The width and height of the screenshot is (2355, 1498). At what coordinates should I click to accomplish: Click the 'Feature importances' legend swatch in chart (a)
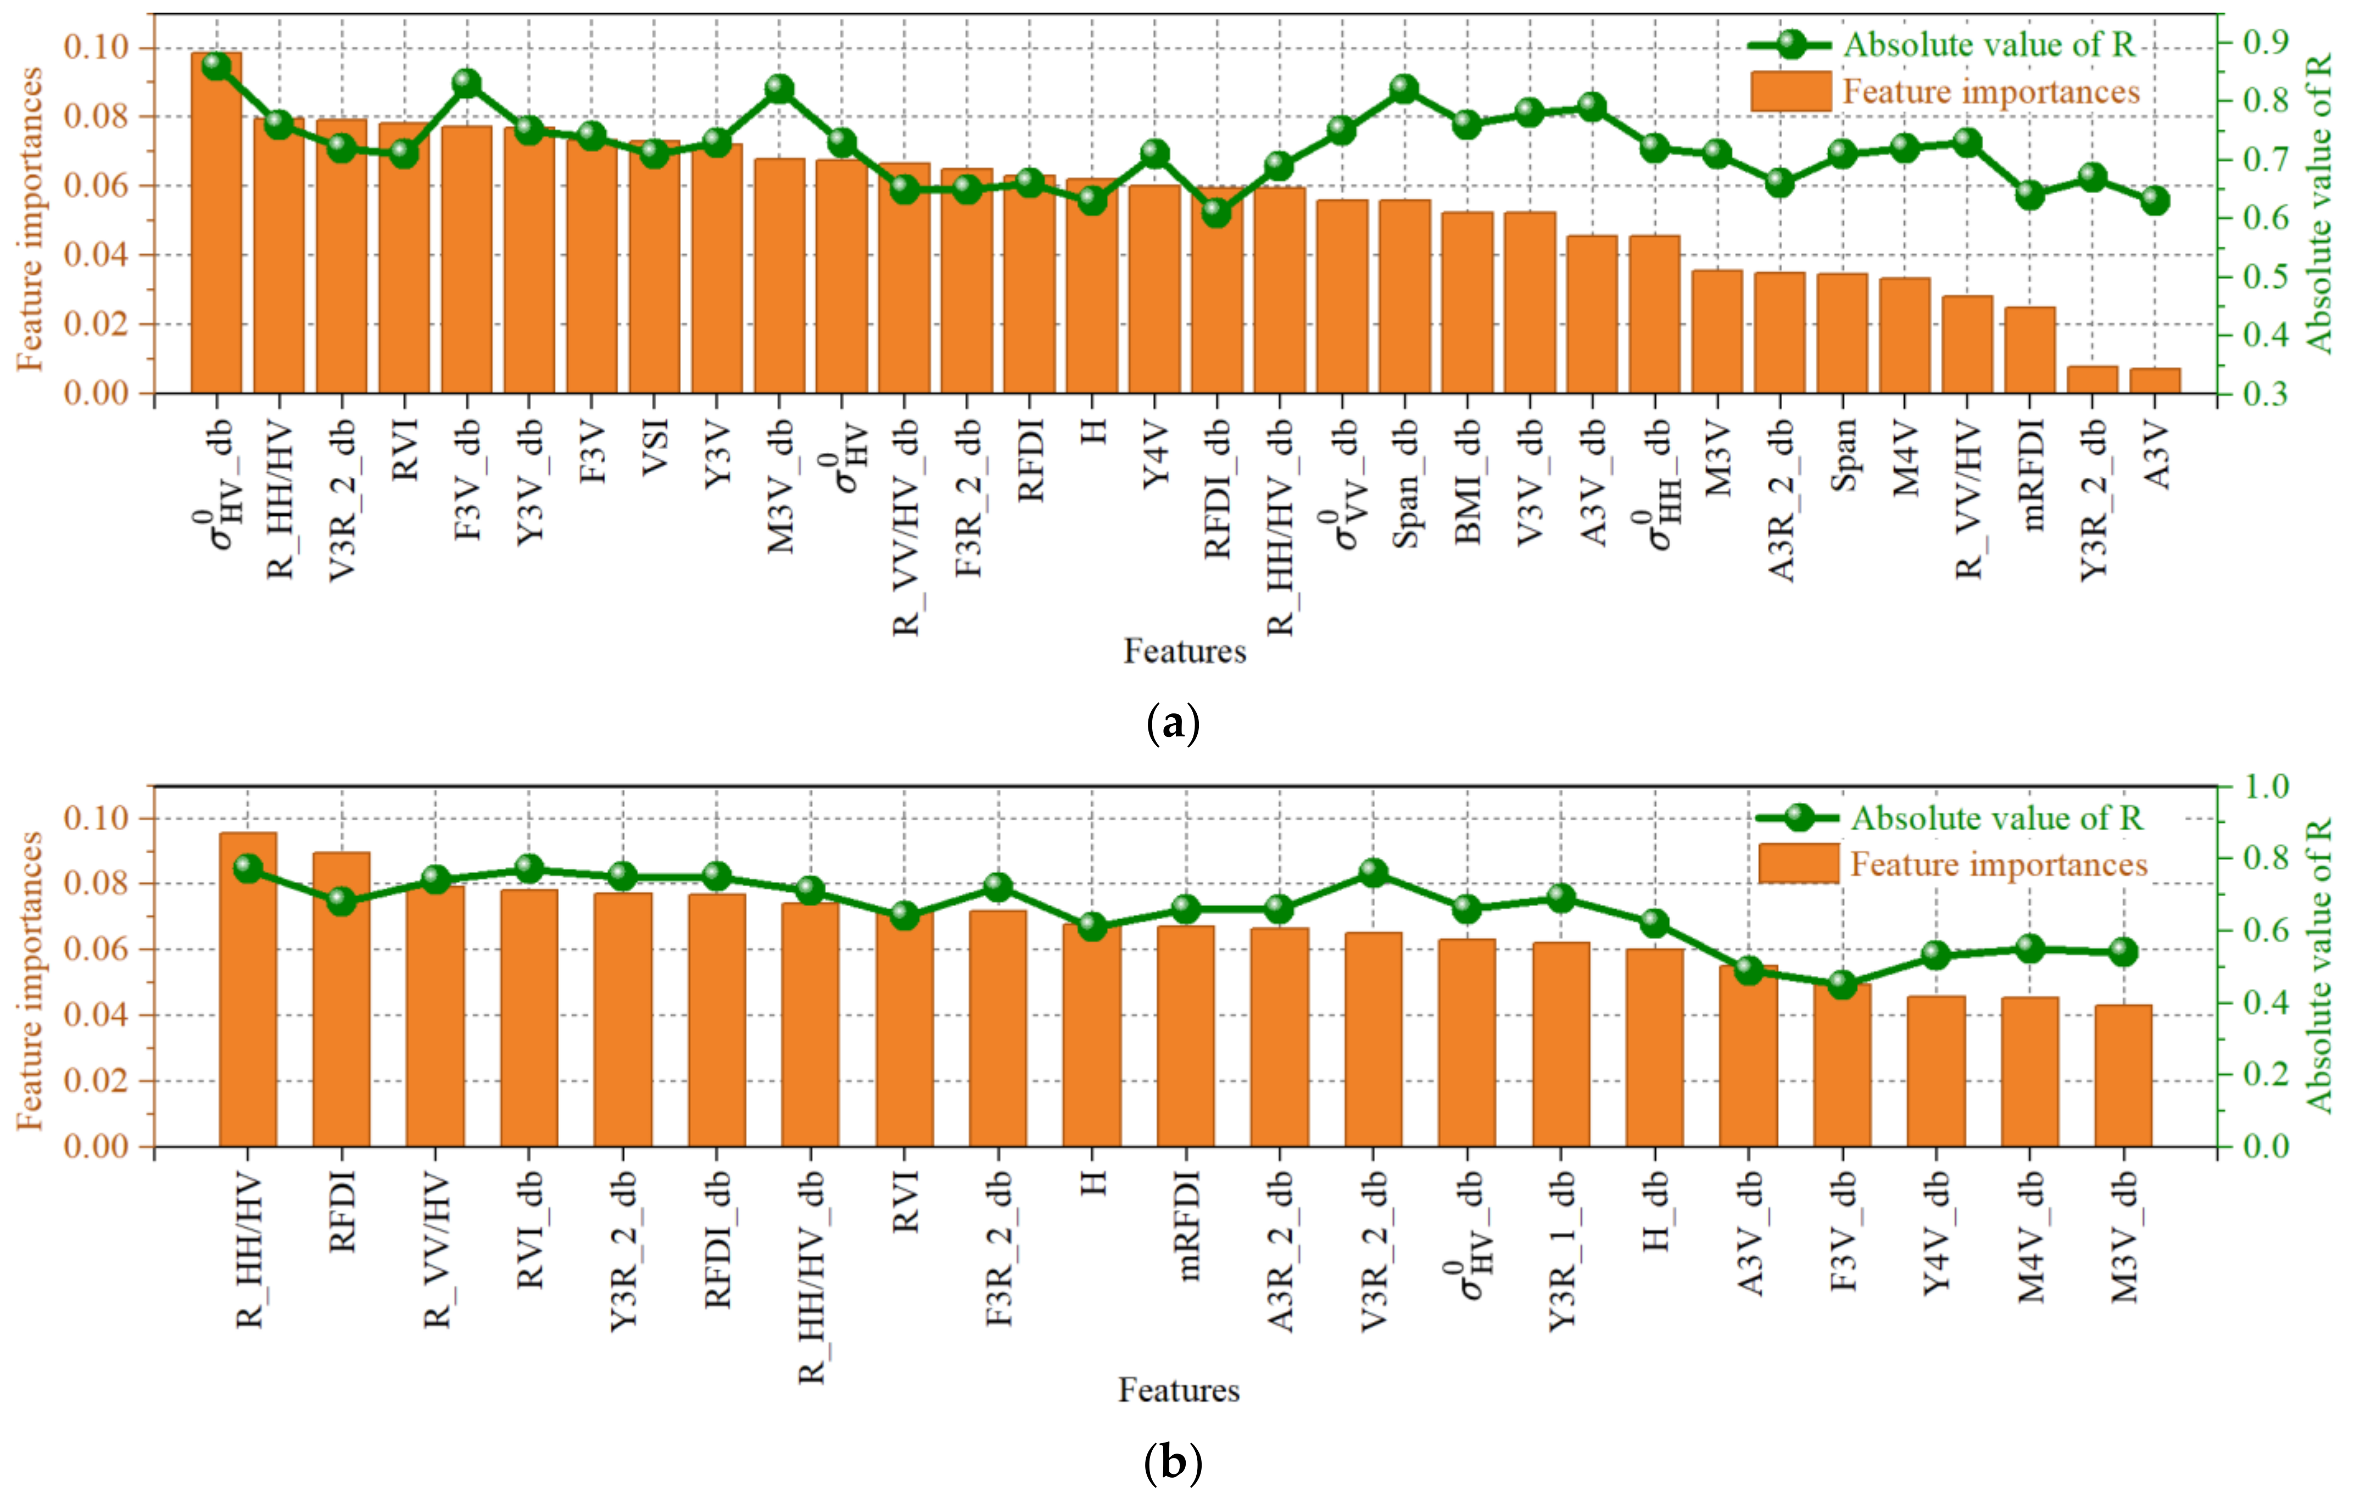pos(1790,91)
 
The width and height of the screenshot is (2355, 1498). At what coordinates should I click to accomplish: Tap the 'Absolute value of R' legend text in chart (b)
pos(1996,818)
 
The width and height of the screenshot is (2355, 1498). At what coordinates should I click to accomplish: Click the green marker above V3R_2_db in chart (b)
pos(1373,872)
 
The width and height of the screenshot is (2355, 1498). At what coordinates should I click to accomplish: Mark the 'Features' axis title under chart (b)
pos(1179,1389)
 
